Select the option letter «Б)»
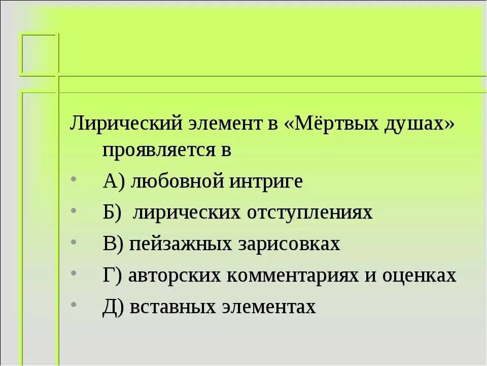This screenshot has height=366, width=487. click(x=112, y=212)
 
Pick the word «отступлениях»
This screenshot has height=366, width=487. click(x=310, y=213)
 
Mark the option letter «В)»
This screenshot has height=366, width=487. click(x=113, y=244)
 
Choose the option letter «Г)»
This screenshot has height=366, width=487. click(x=112, y=276)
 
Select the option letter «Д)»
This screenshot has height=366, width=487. click(x=113, y=307)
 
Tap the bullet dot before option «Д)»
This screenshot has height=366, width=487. click(x=75, y=305)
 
